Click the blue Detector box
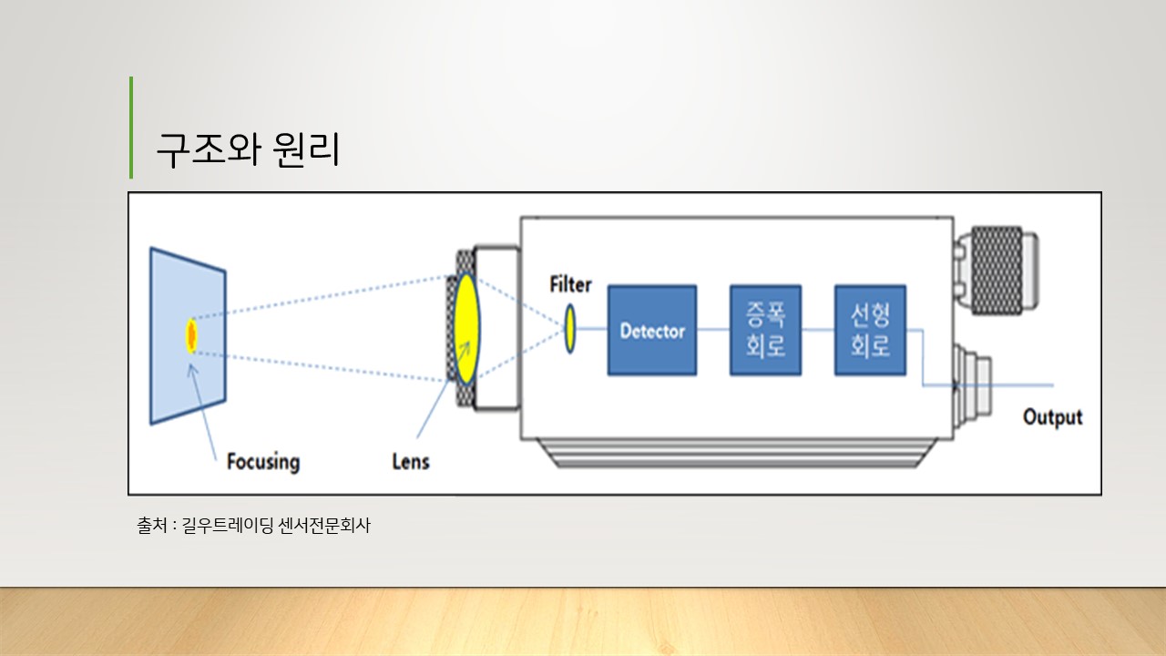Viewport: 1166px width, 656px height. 651,330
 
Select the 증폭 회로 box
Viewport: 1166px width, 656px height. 765,330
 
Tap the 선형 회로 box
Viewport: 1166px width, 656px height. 870,330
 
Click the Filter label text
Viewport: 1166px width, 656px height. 570,284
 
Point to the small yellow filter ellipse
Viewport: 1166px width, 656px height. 570,329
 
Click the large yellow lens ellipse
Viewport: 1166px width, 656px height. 466,328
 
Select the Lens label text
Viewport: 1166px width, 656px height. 410,461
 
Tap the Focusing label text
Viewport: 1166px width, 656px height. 262,461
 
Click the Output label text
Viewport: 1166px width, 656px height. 1052,417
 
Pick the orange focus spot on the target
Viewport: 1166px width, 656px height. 191,335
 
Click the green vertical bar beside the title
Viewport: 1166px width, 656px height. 131,128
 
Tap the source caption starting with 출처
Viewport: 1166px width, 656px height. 254,526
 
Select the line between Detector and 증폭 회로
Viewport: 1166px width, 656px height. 713,330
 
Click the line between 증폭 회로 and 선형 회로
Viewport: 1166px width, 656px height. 818,330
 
